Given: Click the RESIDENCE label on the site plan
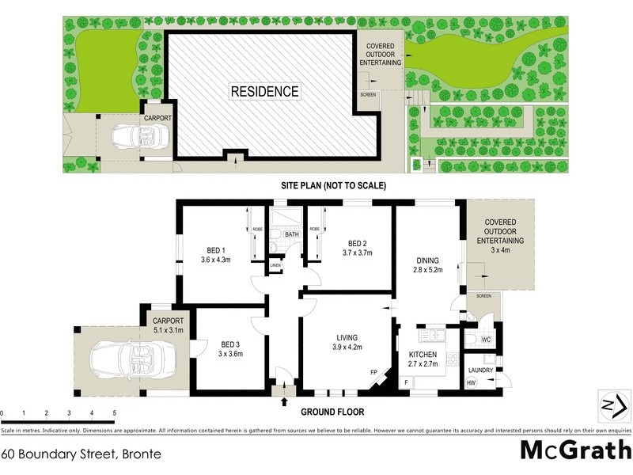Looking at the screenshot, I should pos(264,91).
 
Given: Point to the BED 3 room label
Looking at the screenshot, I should pos(230,344).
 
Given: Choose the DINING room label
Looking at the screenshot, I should pos(429,260).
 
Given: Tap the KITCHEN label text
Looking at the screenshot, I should pos(424,355).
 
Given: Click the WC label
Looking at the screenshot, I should pos(486,340).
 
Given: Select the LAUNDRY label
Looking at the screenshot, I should pos(480,370).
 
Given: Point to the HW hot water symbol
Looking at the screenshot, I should pos(472,383).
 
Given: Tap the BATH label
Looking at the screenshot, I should pos(292,234).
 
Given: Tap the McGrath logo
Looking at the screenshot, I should pos(574,450).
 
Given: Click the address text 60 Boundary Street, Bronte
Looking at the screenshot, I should pos(81,454).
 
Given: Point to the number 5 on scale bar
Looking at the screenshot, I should pos(115,413).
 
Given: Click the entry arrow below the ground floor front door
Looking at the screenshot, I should pos(284,401).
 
